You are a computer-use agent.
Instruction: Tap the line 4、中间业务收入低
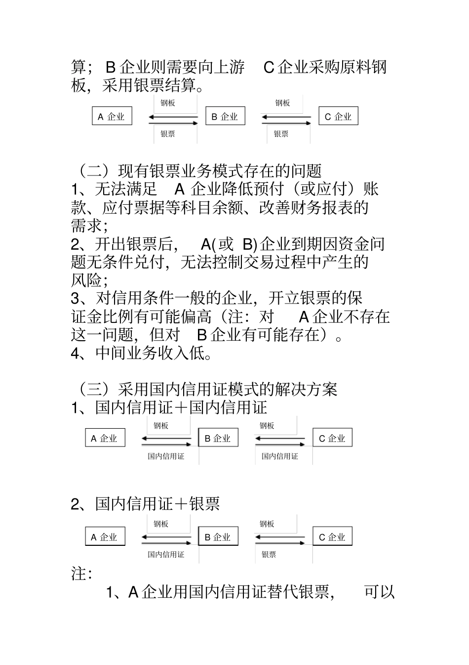pyautogui.click(x=141, y=354)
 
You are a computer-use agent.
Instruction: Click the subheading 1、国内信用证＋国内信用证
pyautogui.click(x=169, y=408)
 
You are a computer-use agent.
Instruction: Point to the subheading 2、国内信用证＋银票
pyautogui.click(x=145, y=504)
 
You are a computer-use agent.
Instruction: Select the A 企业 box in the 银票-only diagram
pyautogui.click(x=112, y=117)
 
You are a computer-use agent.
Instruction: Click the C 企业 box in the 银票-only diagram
pyautogui.click(x=338, y=117)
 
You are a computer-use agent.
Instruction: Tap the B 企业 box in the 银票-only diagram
pyautogui.click(x=225, y=117)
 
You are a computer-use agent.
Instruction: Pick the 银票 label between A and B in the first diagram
pyautogui.click(x=168, y=134)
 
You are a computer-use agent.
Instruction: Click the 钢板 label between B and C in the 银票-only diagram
pyautogui.click(x=282, y=103)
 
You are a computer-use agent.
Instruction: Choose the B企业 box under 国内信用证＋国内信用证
pyautogui.click(x=218, y=438)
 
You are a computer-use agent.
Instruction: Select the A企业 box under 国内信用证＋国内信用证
pyautogui.click(x=105, y=438)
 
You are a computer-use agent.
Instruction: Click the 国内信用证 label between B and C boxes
pyautogui.click(x=279, y=456)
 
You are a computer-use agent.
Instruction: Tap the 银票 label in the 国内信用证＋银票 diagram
pyautogui.click(x=269, y=555)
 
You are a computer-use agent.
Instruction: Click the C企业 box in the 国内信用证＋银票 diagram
pyautogui.click(x=332, y=537)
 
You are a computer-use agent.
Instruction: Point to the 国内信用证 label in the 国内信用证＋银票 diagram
pyautogui.click(x=166, y=555)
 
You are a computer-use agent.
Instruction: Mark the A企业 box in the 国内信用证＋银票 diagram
pyautogui.click(x=105, y=537)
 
